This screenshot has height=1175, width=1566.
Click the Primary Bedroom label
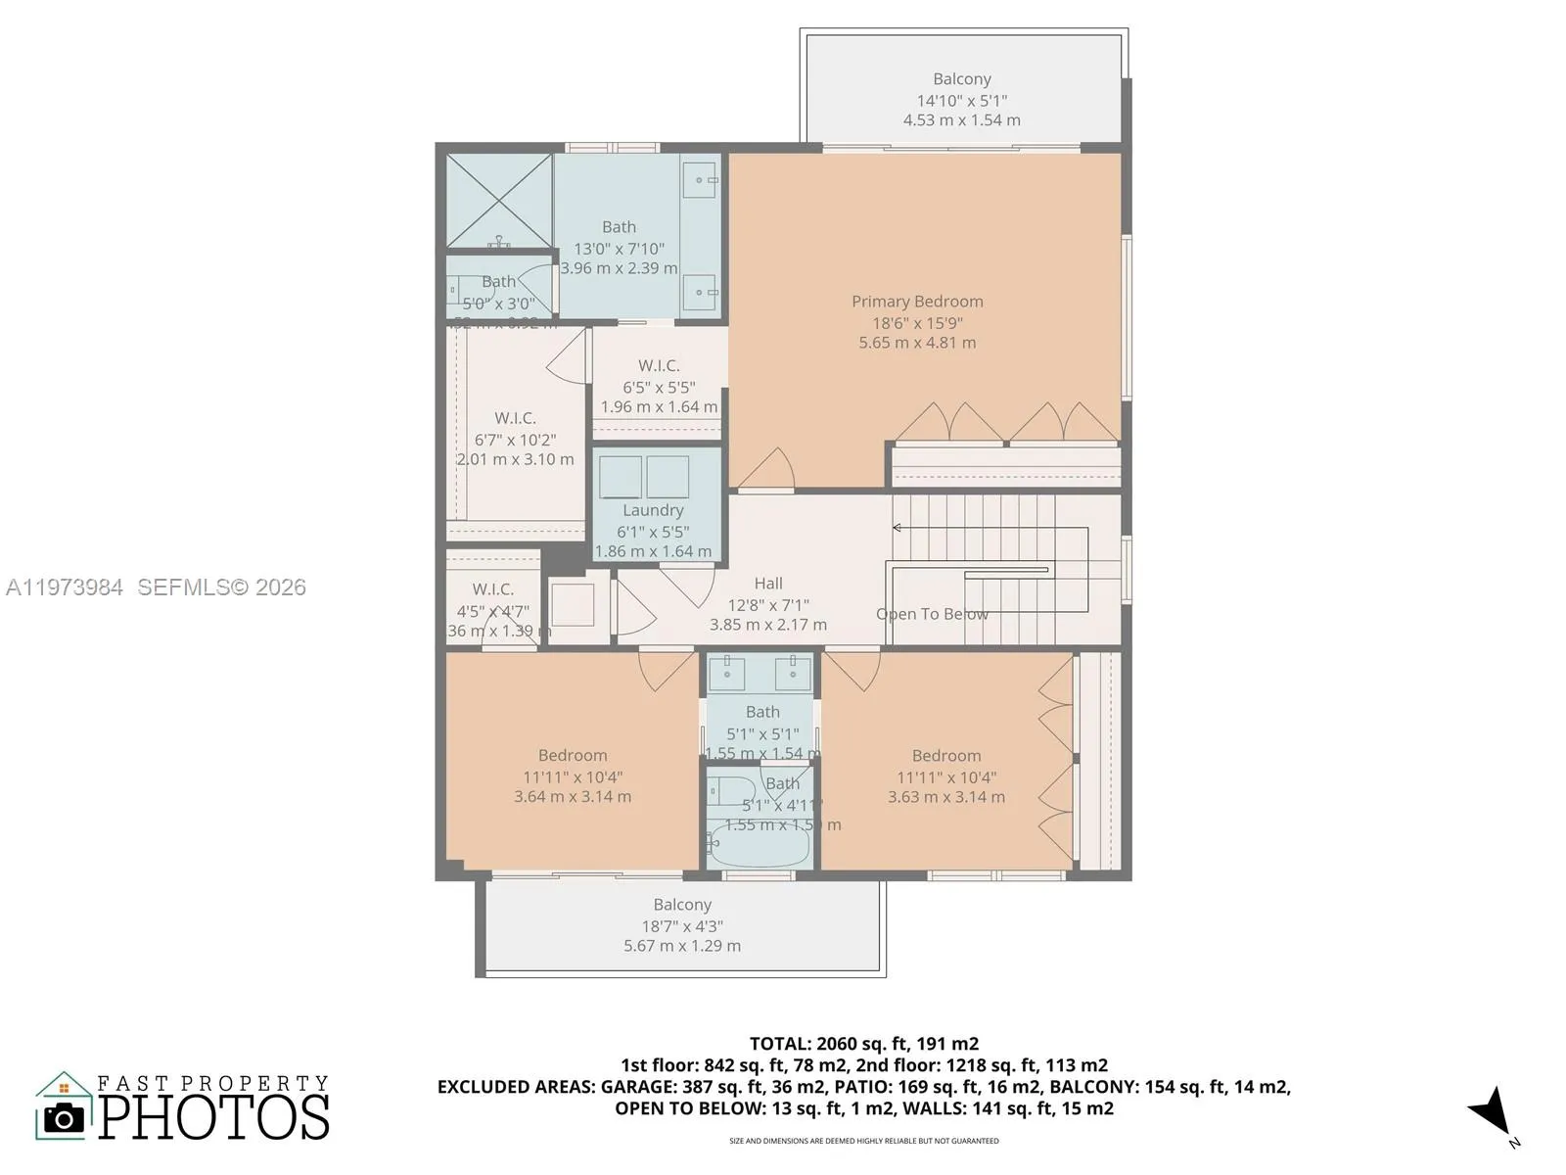(917, 302)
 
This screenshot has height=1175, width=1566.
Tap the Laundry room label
(653, 510)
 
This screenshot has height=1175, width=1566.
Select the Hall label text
(768, 584)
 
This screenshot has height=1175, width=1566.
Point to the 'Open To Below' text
(932, 614)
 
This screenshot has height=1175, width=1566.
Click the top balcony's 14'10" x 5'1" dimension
(962, 100)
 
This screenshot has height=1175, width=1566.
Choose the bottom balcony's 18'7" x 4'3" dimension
(682, 926)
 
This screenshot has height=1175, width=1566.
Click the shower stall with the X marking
(499, 200)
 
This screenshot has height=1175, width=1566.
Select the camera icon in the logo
(65, 1117)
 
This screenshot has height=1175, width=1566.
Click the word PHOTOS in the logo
(214, 1117)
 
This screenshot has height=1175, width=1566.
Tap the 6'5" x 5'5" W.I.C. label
(659, 387)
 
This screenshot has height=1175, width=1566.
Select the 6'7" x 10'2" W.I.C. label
(515, 440)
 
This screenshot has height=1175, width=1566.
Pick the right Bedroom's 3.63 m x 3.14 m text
(946, 797)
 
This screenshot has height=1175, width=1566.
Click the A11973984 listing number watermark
(65, 587)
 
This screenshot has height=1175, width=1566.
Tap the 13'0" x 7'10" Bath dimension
(619, 249)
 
